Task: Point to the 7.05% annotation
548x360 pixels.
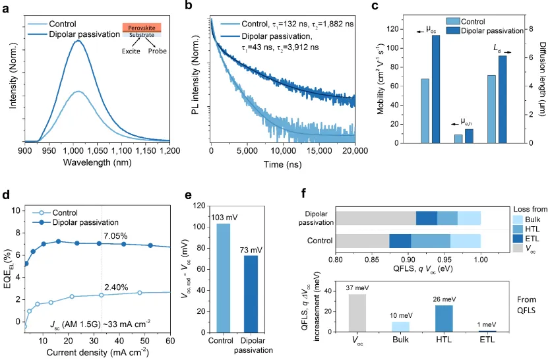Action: (x=117, y=235)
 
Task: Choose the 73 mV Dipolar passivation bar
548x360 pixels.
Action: (x=251, y=288)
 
